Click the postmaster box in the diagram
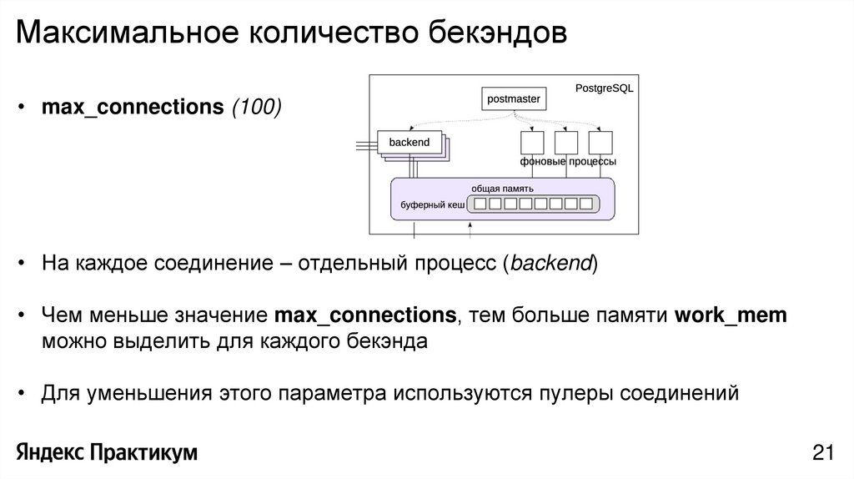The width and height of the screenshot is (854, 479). [514, 99]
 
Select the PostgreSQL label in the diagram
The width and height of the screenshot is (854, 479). [605, 88]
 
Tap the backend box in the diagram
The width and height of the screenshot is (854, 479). [409, 143]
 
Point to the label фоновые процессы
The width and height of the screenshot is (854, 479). [567, 161]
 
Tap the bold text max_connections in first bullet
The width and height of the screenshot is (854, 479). [133, 108]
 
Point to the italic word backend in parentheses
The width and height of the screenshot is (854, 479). [550, 265]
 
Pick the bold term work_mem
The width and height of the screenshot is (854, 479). [731, 315]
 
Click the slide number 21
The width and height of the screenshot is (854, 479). [822, 453]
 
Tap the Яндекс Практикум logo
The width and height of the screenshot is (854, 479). [107, 453]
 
